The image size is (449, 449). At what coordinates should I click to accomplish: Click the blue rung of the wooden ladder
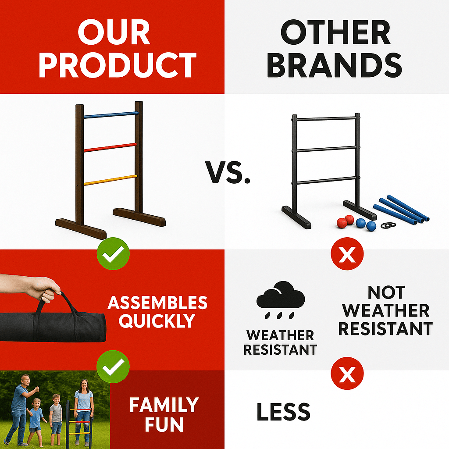click(111, 115)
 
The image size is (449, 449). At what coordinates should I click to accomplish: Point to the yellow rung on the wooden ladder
click(110, 180)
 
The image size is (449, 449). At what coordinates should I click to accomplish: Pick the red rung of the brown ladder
click(110, 147)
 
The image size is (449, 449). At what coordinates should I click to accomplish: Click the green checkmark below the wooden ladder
click(113, 254)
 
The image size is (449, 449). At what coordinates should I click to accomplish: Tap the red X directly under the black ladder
click(347, 254)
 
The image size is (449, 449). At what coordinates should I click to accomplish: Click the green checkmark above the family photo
click(113, 367)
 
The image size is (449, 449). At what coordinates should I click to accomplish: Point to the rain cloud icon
click(280, 298)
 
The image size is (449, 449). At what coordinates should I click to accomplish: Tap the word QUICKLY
click(157, 321)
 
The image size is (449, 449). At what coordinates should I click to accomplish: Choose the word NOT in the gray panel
click(386, 292)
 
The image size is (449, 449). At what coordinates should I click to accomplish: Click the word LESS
click(283, 412)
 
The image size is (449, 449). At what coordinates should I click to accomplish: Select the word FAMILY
click(164, 405)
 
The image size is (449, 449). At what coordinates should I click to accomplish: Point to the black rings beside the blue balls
click(388, 225)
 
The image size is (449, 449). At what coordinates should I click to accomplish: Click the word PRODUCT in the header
click(118, 65)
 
